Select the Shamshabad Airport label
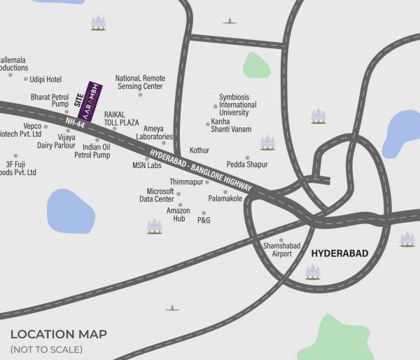277,249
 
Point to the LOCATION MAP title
59,334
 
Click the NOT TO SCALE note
46,349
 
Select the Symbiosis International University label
237,104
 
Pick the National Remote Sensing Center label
140,82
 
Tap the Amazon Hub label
178,214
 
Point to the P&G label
204,221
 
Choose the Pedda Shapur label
247,165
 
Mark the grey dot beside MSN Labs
147,159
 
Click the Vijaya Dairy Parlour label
56,141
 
